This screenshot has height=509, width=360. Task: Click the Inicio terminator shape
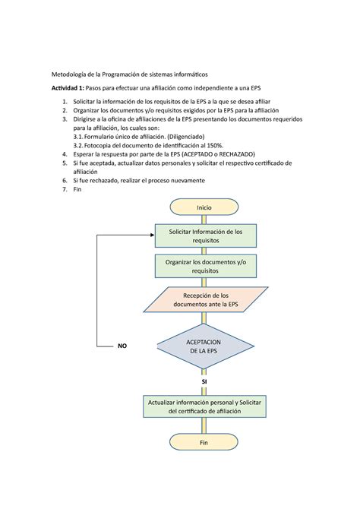click(x=204, y=207)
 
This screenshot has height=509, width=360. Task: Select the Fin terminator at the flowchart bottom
click(x=204, y=441)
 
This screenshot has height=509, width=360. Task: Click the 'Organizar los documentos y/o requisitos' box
click(x=204, y=265)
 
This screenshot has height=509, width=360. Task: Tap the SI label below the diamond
click(x=204, y=381)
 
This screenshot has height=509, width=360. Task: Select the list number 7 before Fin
click(x=65, y=190)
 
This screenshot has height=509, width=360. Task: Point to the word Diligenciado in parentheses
click(x=199, y=137)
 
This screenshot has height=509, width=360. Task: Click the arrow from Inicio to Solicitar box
click(x=204, y=220)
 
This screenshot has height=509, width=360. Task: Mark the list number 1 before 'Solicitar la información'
click(x=65, y=101)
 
